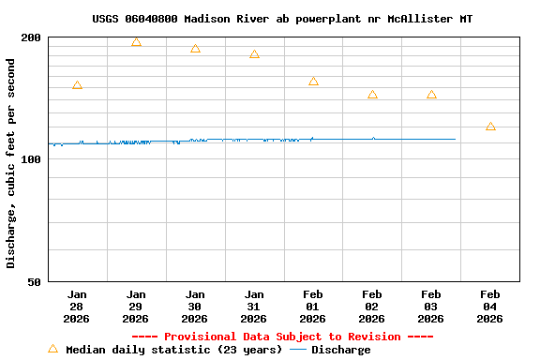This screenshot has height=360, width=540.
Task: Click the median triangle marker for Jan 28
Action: [x=77, y=85]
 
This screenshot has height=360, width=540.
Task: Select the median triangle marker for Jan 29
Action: [x=136, y=42]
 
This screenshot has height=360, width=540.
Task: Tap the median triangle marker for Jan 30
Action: [x=195, y=49]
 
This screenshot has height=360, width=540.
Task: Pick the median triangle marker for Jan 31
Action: [x=254, y=54]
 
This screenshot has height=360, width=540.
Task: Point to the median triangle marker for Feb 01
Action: [x=313, y=82]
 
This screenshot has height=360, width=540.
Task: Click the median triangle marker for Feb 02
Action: [x=372, y=95]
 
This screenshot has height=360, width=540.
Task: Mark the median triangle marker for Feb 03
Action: [x=431, y=95]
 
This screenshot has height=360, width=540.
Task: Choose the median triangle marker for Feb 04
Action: [x=490, y=127]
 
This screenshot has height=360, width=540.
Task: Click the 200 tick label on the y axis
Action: [x=32, y=37]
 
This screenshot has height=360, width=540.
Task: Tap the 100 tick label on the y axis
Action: [x=32, y=159]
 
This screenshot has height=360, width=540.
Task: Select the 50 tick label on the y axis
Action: [x=35, y=282]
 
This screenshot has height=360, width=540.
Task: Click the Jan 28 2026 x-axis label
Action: [x=77, y=306]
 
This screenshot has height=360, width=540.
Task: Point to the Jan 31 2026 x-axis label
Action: [x=254, y=306]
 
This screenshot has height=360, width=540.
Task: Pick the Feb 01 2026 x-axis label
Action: [x=313, y=306]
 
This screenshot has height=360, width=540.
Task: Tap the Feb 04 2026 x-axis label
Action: [x=490, y=306]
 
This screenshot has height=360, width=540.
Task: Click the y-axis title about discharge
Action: [x=11, y=163]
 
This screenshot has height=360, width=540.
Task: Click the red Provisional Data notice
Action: [x=282, y=337]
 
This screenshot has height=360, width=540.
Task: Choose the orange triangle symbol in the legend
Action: [x=53, y=349]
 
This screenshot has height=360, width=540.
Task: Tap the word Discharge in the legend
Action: [x=340, y=350]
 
